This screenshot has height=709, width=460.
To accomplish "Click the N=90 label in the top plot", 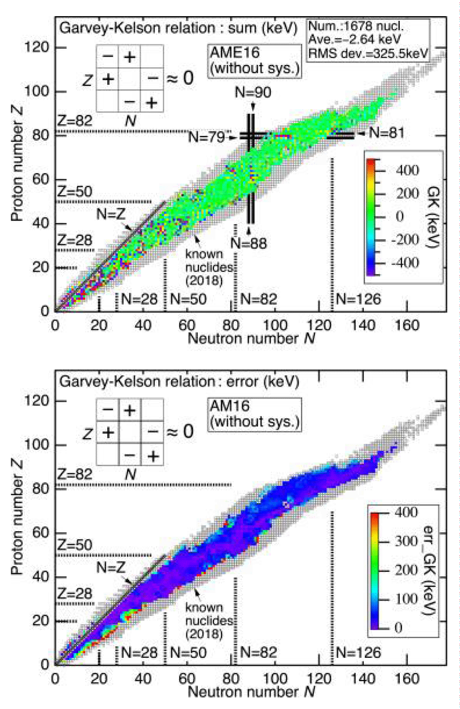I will (253, 92).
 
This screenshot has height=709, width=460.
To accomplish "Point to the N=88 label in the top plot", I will (249, 243).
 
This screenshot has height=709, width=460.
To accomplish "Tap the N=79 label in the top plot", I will (207, 137).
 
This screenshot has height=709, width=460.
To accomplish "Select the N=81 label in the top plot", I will (387, 133).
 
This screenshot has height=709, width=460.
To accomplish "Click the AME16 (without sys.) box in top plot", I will (254, 60).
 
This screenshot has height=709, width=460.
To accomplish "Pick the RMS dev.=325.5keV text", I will (368, 53).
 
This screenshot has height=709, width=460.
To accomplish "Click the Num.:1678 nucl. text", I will (356, 26).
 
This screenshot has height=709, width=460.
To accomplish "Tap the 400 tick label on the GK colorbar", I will (407, 170).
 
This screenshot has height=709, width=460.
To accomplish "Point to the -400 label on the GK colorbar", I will (404, 263).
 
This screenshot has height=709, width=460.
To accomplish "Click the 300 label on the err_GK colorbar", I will (406, 541).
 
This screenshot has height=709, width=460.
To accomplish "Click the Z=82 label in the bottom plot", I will (75, 474).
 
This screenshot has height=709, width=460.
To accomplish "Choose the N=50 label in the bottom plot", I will (188, 653).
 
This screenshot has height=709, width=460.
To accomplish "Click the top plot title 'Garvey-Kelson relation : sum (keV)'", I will (178, 28).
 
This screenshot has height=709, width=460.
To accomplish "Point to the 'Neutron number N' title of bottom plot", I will (252, 691).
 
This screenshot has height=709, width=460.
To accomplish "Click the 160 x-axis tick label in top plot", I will (407, 326).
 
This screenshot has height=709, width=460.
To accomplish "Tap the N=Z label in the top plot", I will (110, 214).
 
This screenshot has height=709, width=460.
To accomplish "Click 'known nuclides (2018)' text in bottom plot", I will (204, 621).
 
